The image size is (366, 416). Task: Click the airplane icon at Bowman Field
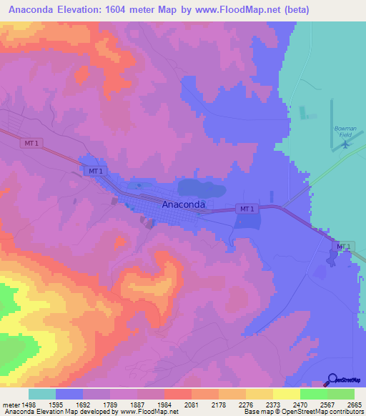[345, 144]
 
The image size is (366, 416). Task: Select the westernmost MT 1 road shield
[31, 143]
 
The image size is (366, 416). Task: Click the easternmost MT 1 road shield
[344, 246]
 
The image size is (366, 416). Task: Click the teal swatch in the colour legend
[42, 395]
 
